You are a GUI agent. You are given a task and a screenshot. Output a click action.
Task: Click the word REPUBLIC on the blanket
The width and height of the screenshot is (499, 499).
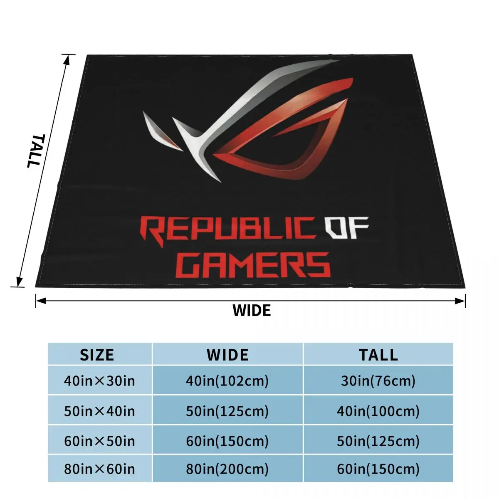click(227, 229)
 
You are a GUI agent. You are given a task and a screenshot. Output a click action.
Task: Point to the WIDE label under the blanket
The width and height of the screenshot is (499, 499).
click(252, 310)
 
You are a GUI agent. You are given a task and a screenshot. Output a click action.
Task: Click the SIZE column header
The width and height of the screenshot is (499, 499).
click(97, 355)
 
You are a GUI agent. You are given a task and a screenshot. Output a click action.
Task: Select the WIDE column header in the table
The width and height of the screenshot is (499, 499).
click(227, 355)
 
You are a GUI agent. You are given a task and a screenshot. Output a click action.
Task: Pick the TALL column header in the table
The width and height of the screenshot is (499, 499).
click(378, 355)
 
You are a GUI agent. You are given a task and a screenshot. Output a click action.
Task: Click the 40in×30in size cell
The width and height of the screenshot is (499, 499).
click(99, 380)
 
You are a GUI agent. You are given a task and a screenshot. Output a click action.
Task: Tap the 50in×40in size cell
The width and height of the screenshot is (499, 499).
click(99, 411)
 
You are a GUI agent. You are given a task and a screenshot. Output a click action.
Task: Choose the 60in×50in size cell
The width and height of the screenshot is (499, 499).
click(99, 441)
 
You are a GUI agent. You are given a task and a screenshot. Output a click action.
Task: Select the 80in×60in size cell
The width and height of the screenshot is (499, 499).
click(99, 469)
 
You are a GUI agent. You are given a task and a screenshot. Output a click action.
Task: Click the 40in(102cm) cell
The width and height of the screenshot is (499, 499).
click(227, 380)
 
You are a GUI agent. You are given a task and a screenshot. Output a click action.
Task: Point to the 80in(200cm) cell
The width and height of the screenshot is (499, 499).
click(227, 469)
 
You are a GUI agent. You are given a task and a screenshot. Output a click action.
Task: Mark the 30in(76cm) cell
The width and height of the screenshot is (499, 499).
click(378, 380)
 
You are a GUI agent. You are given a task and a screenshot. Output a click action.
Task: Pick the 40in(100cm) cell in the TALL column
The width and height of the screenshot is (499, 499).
click(378, 411)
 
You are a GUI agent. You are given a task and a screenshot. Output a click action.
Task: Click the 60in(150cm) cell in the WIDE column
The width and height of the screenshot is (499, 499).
click(227, 441)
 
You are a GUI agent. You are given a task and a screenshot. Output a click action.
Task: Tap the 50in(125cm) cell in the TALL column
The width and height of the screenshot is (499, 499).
click(378, 441)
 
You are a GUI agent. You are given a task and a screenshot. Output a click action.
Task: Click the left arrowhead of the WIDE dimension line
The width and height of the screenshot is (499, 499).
click(39, 301)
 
